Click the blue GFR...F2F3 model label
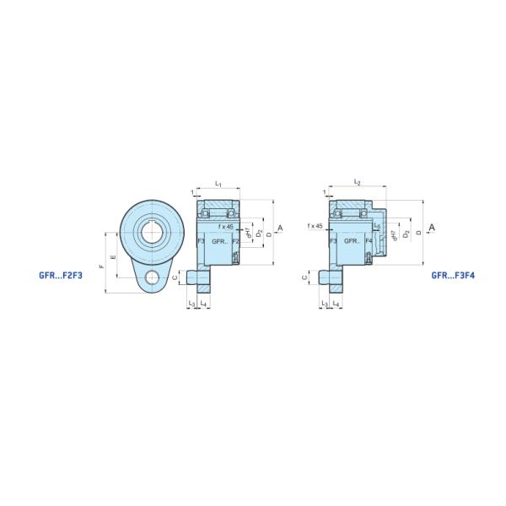60,275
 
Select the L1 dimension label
218,183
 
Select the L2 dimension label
358,183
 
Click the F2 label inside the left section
236,241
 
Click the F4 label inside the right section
369,241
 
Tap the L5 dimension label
378,227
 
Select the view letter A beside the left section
279,229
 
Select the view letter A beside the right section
431,229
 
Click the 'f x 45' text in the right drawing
316,226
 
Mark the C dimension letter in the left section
175,277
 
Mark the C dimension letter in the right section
304,277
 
